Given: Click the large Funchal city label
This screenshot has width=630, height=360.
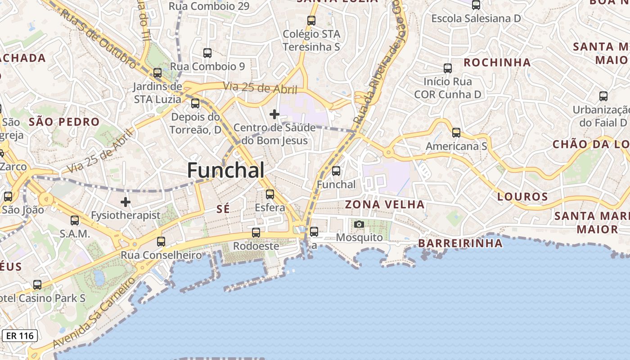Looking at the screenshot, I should (225, 171).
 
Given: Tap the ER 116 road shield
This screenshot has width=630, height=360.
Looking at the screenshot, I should (20, 336).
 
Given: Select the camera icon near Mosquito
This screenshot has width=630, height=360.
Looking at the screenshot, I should (359, 224).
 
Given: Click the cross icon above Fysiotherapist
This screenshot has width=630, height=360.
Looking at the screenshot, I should (126, 202).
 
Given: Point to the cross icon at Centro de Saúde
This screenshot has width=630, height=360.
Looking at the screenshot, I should (274, 114).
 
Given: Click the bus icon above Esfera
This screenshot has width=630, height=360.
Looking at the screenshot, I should (270, 194).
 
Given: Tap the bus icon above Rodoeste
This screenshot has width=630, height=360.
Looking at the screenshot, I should (256, 233).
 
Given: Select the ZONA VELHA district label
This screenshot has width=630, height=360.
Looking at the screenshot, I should (384, 205).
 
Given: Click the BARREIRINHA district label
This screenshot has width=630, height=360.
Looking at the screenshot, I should (460, 243).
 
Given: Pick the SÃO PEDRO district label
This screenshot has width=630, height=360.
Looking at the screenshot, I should (64, 122).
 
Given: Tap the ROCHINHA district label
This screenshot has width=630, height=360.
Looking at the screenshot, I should (497, 63).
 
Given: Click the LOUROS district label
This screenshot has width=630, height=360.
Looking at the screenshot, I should (522, 197).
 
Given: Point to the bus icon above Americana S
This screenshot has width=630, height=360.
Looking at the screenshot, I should (456, 133).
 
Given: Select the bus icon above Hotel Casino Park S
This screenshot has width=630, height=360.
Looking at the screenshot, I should (37, 285).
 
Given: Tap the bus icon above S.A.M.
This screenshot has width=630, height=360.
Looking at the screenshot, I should (75, 220).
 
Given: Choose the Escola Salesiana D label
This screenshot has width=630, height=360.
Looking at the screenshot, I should (476, 18).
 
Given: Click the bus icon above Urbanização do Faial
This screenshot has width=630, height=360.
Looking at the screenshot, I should (603, 96).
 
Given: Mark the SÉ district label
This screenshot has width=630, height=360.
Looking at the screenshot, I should (223, 209).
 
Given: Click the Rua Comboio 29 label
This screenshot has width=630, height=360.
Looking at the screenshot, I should (209, 6).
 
